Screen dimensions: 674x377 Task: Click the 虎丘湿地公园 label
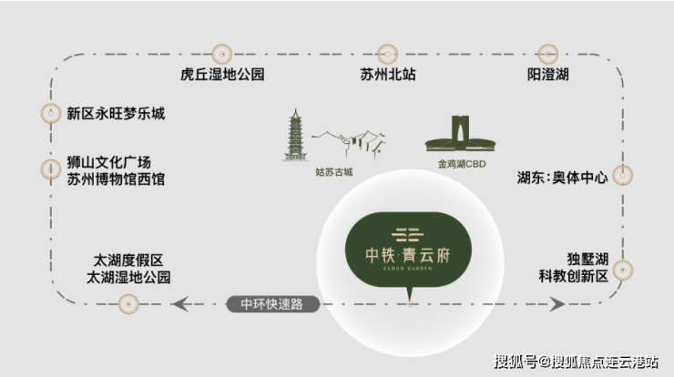click(222, 75)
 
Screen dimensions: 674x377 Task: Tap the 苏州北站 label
click(388, 75)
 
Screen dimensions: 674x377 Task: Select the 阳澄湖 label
click(548, 75)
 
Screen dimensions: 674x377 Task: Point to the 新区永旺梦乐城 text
click(116, 114)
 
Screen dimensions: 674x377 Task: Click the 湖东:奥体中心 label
click(562, 177)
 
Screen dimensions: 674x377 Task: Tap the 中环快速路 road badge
click(273, 304)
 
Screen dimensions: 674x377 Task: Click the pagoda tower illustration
click(295, 135)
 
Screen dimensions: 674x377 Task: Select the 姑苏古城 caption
click(334, 172)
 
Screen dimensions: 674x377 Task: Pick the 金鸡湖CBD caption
click(462, 164)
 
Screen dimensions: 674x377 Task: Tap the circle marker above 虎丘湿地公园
click(222, 54)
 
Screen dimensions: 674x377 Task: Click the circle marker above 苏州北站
click(387, 54)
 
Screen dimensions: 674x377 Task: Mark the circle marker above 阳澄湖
click(548, 54)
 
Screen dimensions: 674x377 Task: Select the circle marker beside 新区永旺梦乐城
click(51, 114)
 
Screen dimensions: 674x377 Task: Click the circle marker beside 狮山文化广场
click(51, 169)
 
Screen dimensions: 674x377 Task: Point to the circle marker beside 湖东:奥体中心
click(622, 175)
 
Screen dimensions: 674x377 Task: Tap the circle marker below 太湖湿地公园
click(128, 304)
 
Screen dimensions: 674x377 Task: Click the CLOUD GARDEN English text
click(407, 269)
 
